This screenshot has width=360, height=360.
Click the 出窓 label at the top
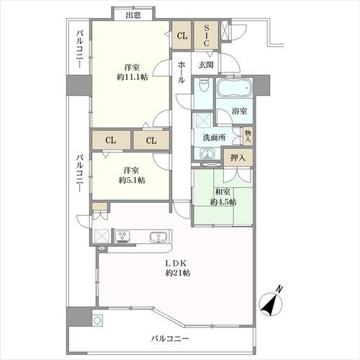coord(132,14)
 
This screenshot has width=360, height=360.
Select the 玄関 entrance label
coord(206,65)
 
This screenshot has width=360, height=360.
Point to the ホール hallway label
coord(181,72)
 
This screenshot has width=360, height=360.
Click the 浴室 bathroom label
coord(240,111)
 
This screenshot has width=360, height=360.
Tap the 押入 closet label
coord(238,158)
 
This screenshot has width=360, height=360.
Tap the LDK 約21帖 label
coord(176,267)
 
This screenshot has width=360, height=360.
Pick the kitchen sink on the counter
coord(157,236)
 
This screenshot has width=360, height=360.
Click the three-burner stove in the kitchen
coord(122,235)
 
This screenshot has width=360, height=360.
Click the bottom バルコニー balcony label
coord(170,338)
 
